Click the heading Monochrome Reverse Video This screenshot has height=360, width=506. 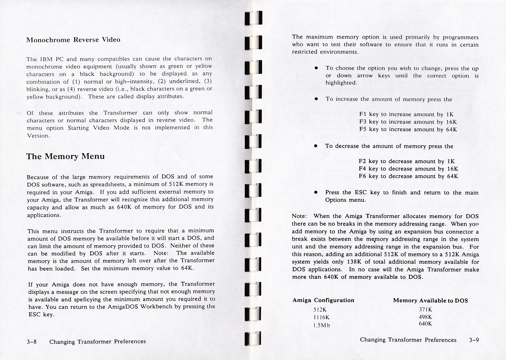pos(73,40)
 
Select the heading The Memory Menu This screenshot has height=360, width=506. pos(65,156)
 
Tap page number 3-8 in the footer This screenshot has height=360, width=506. pos(31,342)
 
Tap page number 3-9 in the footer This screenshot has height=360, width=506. pos(474,340)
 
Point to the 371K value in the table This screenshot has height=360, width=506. pos(425,310)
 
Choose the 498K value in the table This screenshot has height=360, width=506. pos(425,317)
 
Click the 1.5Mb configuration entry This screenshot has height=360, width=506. pos(322,325)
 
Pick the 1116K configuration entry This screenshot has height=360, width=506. pos(321,317)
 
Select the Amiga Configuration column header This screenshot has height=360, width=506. pos(323,300)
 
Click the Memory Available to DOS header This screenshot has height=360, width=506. pos(430,301)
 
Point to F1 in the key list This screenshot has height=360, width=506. pos(363,114)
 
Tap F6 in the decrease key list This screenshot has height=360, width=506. pos(363,176)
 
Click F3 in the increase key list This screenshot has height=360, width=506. pos(363,122)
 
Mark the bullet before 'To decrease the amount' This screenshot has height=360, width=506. pos(316,146)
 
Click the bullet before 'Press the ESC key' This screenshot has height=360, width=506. pos(316,192)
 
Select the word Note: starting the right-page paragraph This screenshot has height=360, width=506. pos(299,216)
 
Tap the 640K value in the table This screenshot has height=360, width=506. pos(425,324)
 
